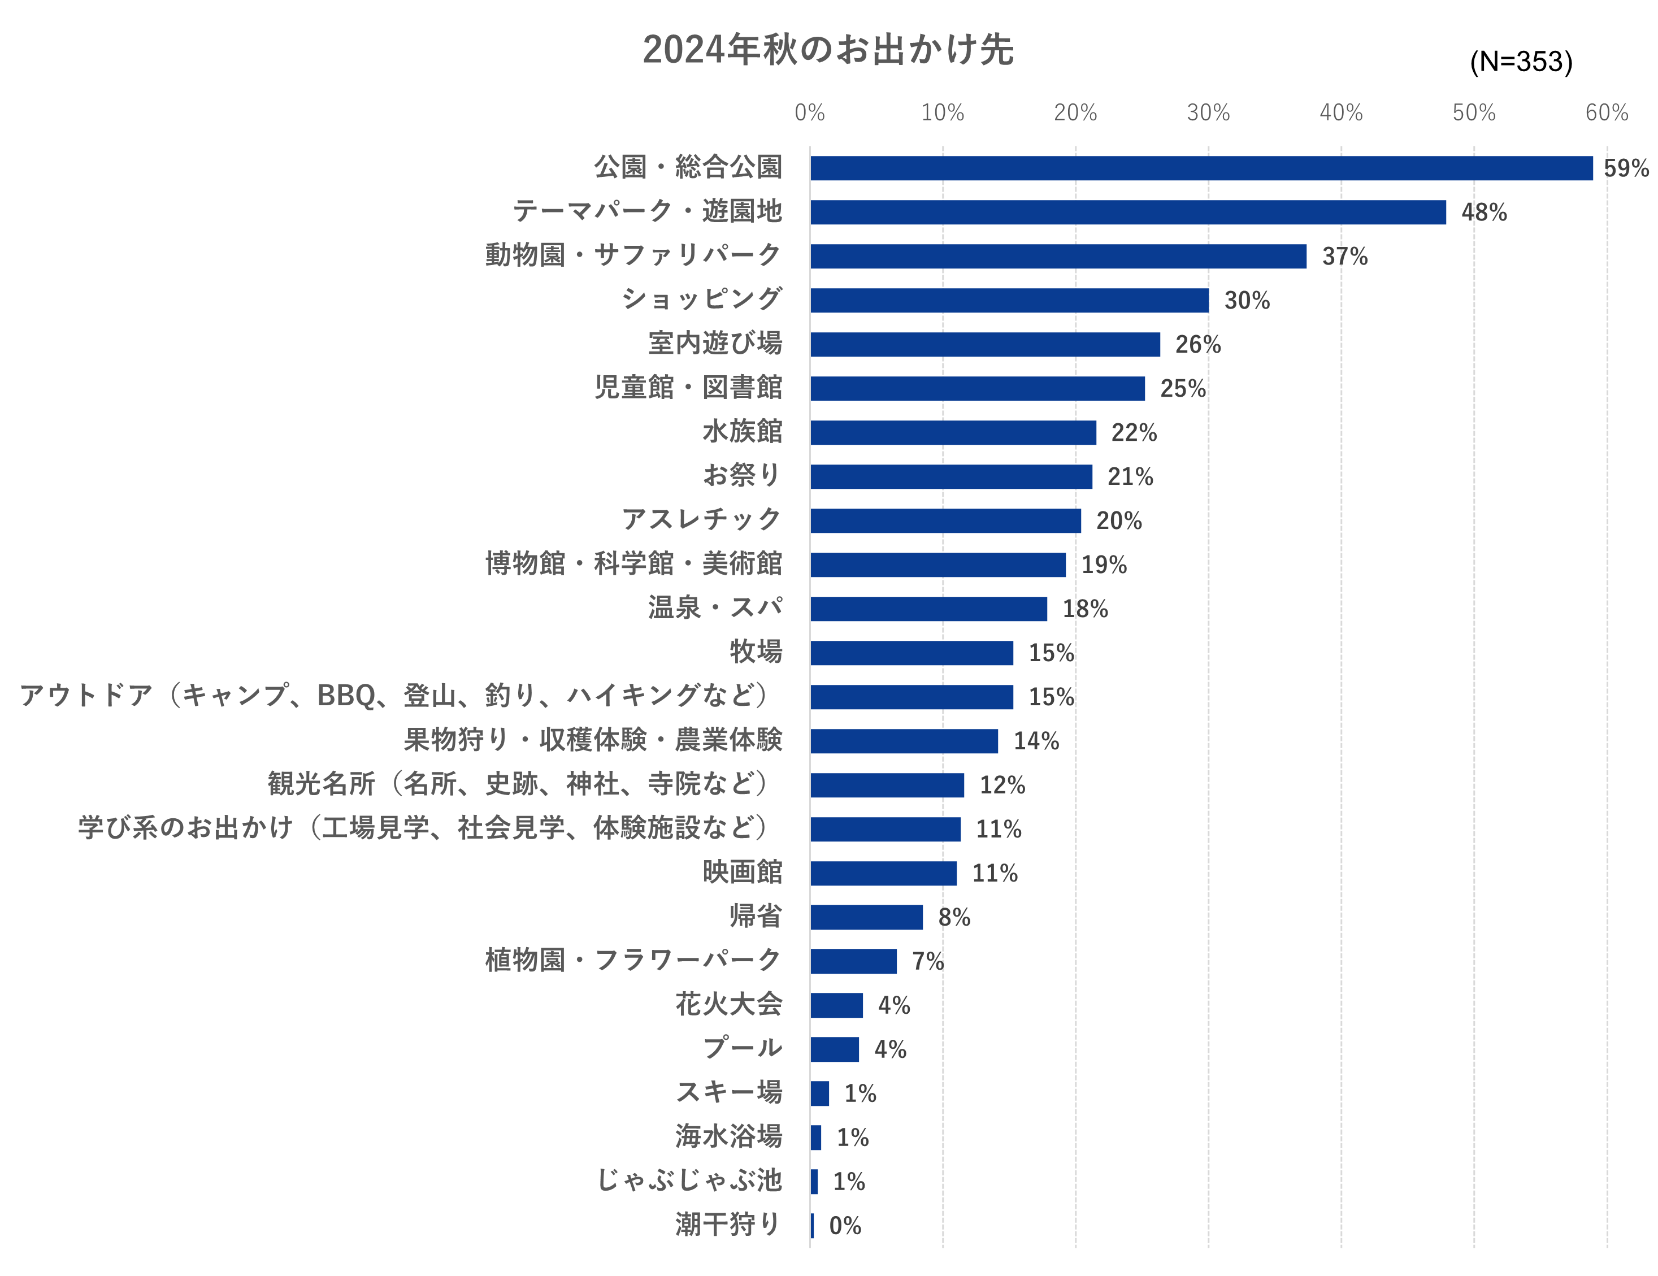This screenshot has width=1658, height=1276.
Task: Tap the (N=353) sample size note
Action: point(1521,62)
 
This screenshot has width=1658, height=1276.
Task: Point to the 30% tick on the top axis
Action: point(1208,113)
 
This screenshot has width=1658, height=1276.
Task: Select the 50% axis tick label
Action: point(1474,113)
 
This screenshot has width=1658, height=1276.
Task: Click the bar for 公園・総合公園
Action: point(1201,168)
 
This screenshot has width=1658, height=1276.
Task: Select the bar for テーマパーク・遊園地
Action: point(1127,212)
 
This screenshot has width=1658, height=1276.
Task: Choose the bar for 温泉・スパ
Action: point(928,609)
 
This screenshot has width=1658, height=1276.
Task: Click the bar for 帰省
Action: point(866,917)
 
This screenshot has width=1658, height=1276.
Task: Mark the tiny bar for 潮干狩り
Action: point(812,1225)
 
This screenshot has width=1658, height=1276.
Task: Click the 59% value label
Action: point(1625,168)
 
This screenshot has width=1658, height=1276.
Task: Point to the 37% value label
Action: point(1344,257)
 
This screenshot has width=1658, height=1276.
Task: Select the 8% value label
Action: point(953,917)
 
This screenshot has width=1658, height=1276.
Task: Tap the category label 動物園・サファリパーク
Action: point(633,255)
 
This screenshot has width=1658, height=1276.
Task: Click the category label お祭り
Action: point(742,475)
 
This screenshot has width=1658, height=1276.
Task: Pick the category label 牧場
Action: point(756,652)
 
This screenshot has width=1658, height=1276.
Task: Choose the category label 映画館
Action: point(742,871)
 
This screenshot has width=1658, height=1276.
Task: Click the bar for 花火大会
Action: point(836,1005)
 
